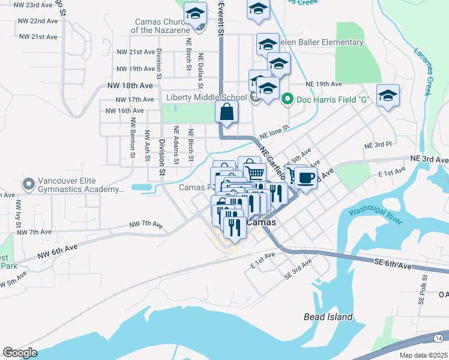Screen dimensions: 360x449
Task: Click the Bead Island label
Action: tap(328, 317)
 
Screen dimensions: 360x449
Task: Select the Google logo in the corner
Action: tap(19, 352)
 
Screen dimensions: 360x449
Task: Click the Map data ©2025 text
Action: tap(423, 355)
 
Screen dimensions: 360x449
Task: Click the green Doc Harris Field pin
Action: tap(288, 98)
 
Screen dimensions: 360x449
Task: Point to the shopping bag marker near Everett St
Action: tap(227, 112)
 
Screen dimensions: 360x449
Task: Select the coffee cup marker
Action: tap(306, 178)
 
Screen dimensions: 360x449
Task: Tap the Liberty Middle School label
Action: tap(207, 97)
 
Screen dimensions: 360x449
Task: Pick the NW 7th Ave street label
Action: tap(146, 225)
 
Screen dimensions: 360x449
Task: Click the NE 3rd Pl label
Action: tap(378, 145)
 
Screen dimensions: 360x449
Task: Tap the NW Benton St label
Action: tap(132, 137)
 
